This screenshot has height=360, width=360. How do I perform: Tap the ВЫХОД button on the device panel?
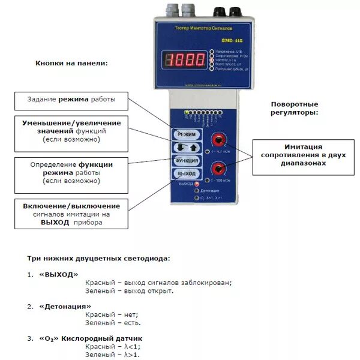point(185,173)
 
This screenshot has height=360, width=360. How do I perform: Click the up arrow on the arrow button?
point(192,148)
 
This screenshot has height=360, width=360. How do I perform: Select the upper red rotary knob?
point(218,140)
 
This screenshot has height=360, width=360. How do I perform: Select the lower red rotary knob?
point(218,168)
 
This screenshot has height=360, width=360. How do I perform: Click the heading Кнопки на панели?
point(71,63)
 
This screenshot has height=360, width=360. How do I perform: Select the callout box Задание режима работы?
point(71,99)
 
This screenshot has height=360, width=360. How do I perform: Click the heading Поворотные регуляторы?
point(295,107)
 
